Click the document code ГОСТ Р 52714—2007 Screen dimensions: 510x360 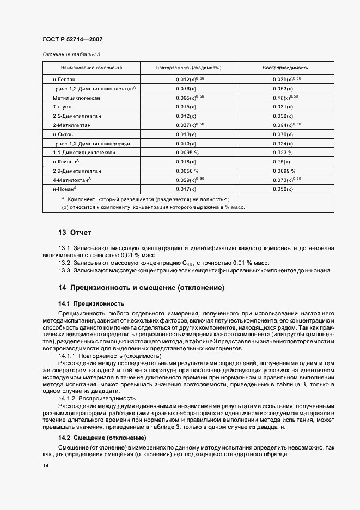[72, 39]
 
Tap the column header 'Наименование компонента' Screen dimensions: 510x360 [91, 68]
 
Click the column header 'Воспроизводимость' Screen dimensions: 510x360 [285, 68]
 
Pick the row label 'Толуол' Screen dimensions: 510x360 [63, 107]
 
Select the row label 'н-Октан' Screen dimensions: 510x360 [63, 134]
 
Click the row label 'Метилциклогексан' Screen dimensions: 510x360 [76, 98]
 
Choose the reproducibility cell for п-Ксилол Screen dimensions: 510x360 [282, 162]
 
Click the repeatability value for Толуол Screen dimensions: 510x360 [186, 107]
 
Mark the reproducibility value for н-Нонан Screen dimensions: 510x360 [283, 189]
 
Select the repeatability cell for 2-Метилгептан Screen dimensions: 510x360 [190, 125]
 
